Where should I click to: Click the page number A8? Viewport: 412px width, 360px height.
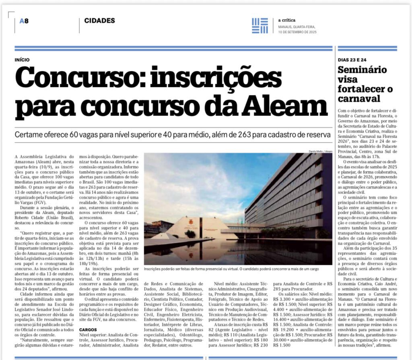[24, 21]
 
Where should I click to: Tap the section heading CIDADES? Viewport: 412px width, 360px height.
[99, 21]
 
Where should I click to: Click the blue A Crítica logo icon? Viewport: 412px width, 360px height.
[260, 25]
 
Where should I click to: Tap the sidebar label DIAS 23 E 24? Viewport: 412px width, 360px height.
[352, 59]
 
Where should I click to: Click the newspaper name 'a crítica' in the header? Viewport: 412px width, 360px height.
[285, 20]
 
